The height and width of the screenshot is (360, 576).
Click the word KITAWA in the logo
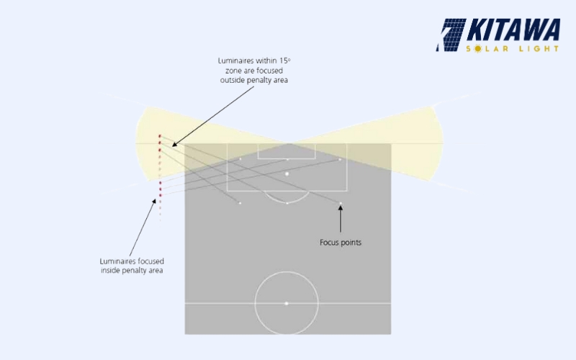[514, 30]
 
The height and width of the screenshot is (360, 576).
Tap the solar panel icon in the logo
[451, 35]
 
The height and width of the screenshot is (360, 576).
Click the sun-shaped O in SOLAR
[482, 49]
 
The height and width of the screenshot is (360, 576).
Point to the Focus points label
[341, 243]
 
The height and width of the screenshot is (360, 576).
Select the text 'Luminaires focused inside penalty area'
[131, 265]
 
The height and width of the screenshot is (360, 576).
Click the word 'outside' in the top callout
[236, 80]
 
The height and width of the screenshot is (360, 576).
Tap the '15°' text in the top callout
[284, 60]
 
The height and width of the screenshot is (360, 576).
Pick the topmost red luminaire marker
[160, 135]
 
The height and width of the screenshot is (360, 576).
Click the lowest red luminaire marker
[160, 195]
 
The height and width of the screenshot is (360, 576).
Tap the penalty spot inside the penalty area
[287, 174]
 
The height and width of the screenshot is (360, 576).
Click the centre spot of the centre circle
[287, 303]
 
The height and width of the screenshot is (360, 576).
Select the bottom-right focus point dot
[341, 202]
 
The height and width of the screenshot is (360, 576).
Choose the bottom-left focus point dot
[240, 202]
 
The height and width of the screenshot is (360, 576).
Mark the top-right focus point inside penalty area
[340, 159]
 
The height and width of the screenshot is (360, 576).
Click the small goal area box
[287, 151]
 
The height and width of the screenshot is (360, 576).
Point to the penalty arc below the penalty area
[287, 198]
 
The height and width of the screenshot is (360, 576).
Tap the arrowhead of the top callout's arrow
[174, 145]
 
